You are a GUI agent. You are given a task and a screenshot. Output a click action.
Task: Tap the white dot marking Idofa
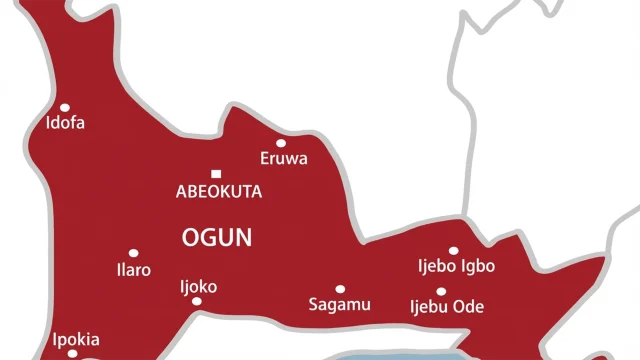(x=65, y=107)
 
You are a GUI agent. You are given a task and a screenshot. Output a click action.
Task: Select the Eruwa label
(x=284, y=159)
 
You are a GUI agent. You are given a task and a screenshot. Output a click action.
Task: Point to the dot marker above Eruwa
(x=281, y=143)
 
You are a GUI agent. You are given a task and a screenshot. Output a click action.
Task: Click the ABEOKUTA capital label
(x=218, y=192)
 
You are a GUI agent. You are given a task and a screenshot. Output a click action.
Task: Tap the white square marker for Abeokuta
(x=214, y=173)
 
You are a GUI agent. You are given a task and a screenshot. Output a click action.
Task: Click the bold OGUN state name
(x=217, y=238)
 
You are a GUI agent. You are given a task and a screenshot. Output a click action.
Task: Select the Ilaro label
(x=134, y=270)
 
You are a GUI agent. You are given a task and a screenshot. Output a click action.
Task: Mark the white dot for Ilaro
(x=133, y=253)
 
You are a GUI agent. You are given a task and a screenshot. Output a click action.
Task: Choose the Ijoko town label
(x=198, y=286)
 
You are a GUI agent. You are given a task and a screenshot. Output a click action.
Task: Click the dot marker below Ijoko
(x=197, y=301)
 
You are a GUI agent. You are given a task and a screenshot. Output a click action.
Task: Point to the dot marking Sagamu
(x=340, y=288)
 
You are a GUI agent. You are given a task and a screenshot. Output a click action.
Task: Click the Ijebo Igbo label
(x=456, y=266)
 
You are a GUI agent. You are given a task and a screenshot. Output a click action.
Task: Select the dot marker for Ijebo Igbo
(x=453, y=251)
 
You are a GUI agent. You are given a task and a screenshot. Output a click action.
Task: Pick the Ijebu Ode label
(x=447, y=307)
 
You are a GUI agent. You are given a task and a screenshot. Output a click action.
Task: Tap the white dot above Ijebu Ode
(x=441, y=291)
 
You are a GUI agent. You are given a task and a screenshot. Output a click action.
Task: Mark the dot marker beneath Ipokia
(x=72, y=353)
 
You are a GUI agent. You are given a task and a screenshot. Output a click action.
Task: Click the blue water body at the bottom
(x=400, y=354)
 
